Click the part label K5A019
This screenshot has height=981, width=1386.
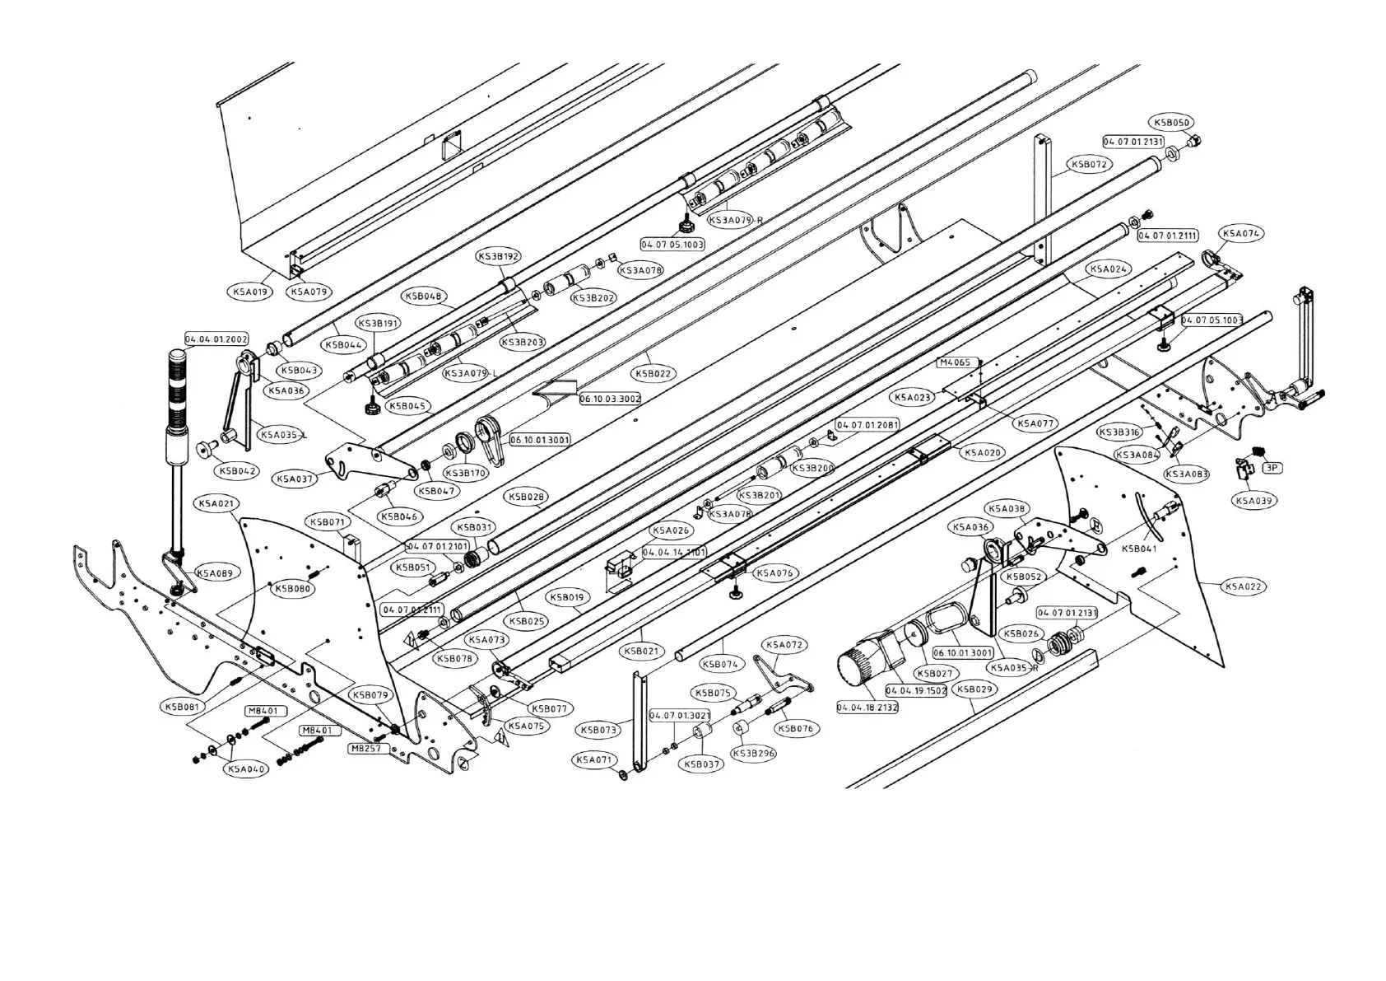click(x=249, y=292)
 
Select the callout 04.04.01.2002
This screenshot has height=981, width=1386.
click(x=216, y=339)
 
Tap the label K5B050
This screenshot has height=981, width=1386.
click(x=1173, y=123)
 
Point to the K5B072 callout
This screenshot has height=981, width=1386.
click(x=1090, y=164)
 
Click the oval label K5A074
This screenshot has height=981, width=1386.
click(x=1240, y=233)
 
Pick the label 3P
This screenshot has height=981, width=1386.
click(x=1272, y=467)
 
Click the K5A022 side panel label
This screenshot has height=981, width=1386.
click(x=1244, y=586)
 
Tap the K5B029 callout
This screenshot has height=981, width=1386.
click(x=975, y=689)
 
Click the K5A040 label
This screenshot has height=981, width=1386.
click(x=246, y=768)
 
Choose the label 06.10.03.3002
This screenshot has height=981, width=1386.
click(x=610, y=399)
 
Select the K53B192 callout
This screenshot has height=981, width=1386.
click(x=499, y=257)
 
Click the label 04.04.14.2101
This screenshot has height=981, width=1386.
click(x=674, y=552)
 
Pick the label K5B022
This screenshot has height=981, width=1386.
click(x=654, y=373)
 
